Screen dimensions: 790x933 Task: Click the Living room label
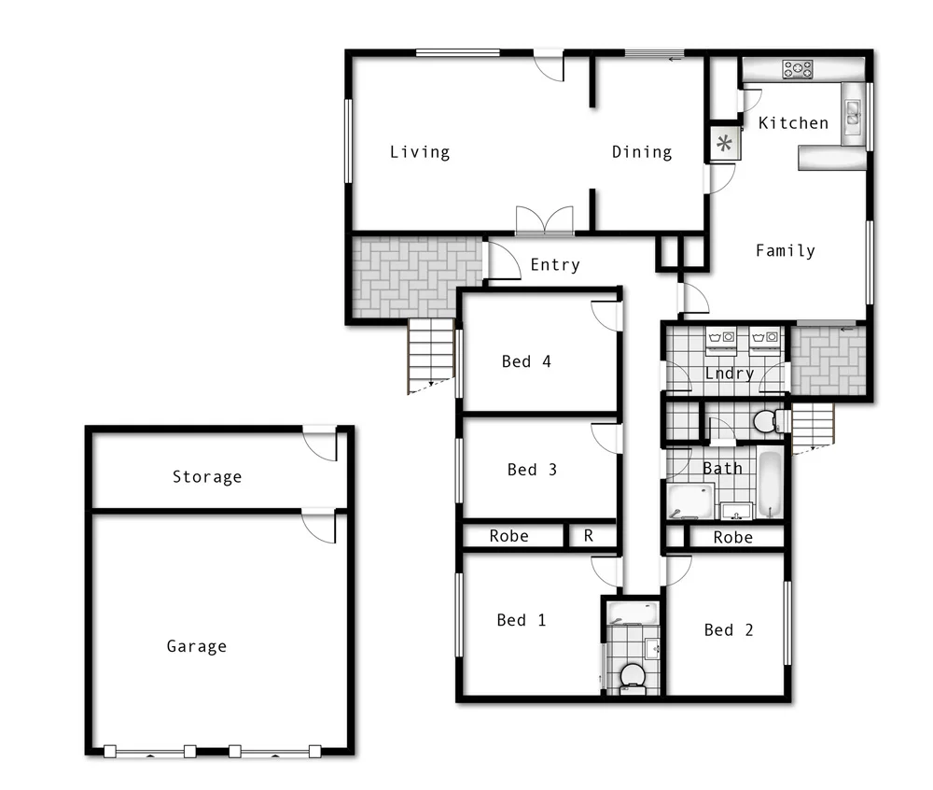click(420, 152)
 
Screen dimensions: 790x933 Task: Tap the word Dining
click(642, 152)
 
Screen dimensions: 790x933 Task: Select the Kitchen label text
click(793, 122)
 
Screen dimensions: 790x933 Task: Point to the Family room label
click(786, 250)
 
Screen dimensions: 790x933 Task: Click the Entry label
click(555, 265)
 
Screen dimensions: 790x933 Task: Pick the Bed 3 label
click(532, 470)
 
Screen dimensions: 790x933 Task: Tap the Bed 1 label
click(522, 620)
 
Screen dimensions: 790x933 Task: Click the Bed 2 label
click(729, 630)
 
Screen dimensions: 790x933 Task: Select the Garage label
click(196, 646)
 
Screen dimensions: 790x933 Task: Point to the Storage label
click(207, 477)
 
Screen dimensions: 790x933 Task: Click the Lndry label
click(730, 374)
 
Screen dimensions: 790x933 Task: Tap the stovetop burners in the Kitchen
click(798, 68)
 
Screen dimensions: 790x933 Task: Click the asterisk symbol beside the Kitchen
click(724, 144)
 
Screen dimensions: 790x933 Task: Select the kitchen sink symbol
click(853, 113)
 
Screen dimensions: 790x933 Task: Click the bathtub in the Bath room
click(770, 484)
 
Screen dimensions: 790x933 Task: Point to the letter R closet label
click(589, 536)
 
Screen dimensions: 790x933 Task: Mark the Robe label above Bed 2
click(733, 538)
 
